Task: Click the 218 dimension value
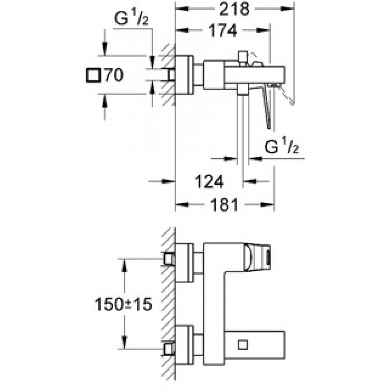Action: pos(234,9)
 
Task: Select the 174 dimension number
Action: pos(223,30)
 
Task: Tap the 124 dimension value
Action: pos(209,182)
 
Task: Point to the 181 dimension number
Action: pos(224,205)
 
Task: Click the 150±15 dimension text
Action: pos(123,304)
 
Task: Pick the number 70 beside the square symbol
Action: pos(114,75)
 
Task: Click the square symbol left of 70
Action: pos(93,75)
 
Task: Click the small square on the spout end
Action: pos(243,345)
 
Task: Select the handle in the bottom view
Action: pos(257,257)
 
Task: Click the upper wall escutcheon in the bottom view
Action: pos(184,263)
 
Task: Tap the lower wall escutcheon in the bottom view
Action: pos(184,345)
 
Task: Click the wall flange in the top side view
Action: pos(184,75)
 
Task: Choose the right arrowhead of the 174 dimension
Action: pos(263,30)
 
